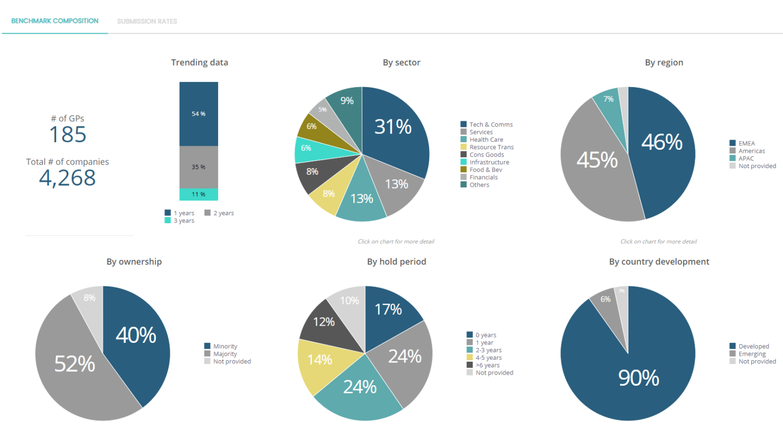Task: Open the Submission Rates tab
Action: [147, 21]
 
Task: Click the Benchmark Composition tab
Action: [55, 21]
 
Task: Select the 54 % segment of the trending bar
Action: [199, 114]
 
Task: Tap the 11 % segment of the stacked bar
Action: [199, 194]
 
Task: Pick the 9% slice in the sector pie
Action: [347, 101]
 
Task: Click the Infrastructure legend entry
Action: [489, 162]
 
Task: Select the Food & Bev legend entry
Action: [485, 170]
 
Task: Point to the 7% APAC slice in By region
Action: [608, 99]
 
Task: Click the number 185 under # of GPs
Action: [68, 135]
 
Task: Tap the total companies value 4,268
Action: [68, 178]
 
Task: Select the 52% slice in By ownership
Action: [75, 364]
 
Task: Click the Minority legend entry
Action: [225, 346]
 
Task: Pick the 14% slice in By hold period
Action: [320, 360]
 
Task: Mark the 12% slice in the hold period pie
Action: [324, 322]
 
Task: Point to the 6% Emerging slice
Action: [606, 300]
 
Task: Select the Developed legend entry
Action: [753, 346]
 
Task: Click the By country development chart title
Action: [659, 261]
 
